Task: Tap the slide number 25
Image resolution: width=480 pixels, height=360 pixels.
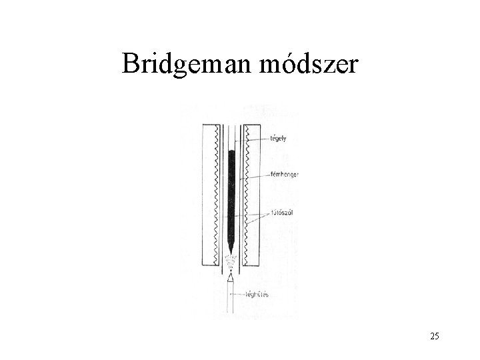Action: coord(435,336)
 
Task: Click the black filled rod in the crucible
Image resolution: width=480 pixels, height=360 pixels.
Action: coord(231,200)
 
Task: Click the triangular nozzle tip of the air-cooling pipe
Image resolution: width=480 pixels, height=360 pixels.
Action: coord(231,279)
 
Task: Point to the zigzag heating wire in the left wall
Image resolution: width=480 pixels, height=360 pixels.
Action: coord(217,193)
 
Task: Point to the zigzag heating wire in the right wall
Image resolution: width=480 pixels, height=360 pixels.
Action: coord(246,193)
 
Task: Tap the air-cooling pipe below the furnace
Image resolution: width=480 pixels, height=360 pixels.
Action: coord(231,300)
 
